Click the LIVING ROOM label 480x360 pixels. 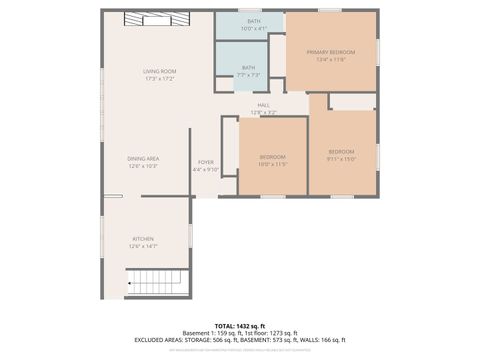pos(159,71)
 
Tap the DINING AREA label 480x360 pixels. pos(143,158)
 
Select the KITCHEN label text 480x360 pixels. pos(143,238)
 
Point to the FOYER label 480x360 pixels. pos(205,161)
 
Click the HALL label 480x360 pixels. pos(264,105)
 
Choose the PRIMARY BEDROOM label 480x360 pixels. pos(331,52)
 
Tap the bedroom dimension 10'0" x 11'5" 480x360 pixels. pos(273,164)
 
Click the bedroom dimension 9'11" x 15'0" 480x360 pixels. pos(341,157)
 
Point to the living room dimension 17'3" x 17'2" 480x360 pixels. pos(159,79)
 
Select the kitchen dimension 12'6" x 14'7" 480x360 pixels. pos(143,246)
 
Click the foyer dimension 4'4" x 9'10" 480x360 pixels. pos(205,169)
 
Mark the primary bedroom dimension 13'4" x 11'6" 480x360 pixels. pos(331,60)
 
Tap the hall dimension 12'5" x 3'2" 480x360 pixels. pos(264,112)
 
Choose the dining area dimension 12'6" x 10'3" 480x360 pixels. pos(143,166)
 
